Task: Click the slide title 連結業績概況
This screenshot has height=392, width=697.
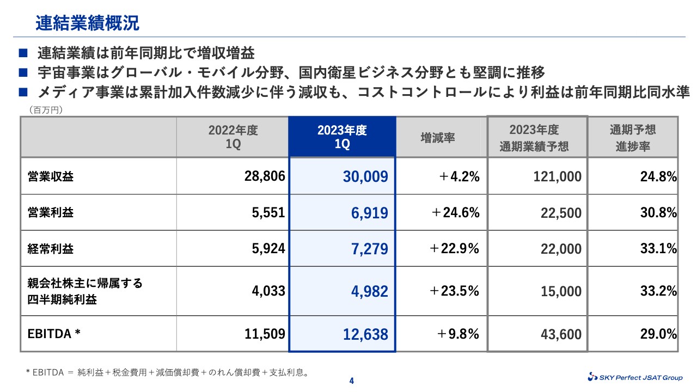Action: coord(88,23)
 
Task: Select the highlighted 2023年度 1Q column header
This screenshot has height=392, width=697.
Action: coord(342,137)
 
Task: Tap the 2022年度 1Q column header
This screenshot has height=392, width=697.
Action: coord(233,137)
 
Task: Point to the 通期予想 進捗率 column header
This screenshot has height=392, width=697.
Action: coord(633,138)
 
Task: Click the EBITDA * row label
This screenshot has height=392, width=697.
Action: coord(54,333)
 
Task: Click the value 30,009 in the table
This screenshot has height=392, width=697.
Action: coord(365,176)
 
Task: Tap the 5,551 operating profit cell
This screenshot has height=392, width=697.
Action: coord(268,212)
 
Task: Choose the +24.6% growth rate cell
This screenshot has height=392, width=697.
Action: coord(455,212)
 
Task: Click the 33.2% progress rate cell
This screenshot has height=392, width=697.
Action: coord(658,291)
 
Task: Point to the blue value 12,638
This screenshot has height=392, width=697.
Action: coord(365,334)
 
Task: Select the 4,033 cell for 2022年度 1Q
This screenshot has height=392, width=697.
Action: coord(268,291)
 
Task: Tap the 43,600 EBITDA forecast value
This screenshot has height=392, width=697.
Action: coord(561,334)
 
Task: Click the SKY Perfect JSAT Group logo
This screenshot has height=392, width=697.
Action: coord(635,377)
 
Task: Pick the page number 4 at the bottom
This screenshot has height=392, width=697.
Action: coord(351,381)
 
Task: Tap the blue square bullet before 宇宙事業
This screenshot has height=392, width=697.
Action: coord(23,72)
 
